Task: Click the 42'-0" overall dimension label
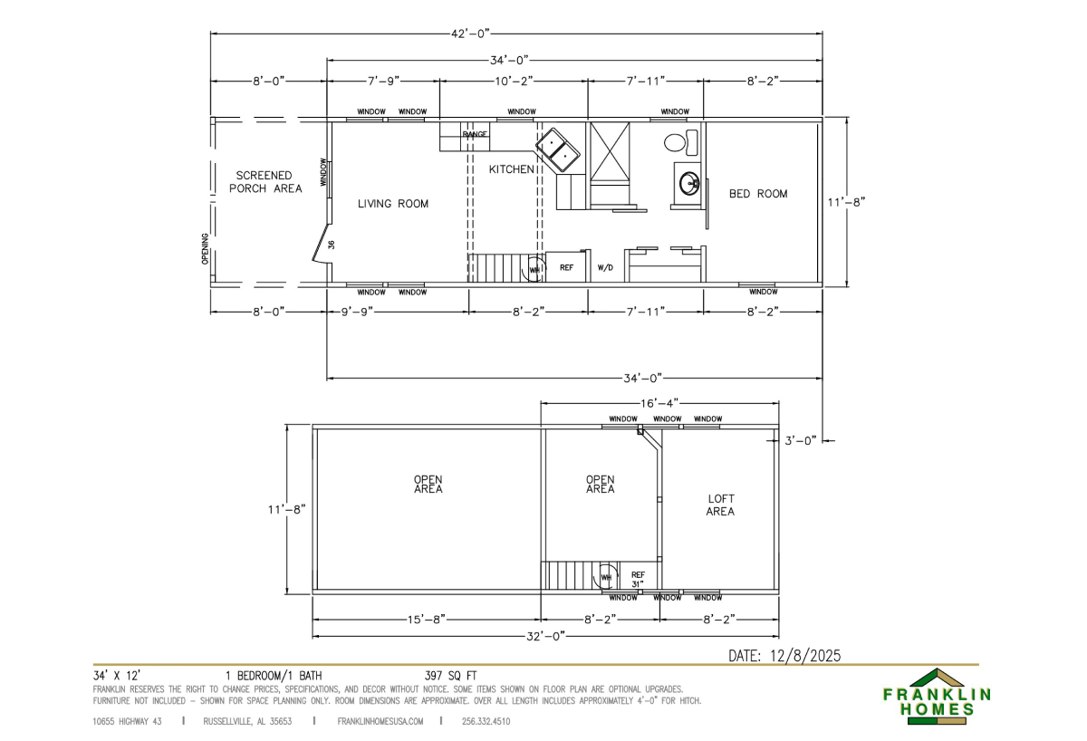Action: [470, 34]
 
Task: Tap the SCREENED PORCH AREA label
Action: [265, 182]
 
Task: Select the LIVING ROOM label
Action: [393, 204]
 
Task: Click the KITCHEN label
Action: [512, 169]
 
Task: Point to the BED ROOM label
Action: [758, 194]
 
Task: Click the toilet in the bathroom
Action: [680, 141]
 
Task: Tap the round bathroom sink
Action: [689, 183]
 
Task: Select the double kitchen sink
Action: [558, 149]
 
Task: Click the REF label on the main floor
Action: [566, 267]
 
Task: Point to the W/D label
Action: [605, 267]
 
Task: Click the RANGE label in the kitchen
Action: [475, 134]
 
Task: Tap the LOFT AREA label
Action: [721, 505]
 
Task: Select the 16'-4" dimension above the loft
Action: [659, 403]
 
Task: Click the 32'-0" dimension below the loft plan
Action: [546, 636]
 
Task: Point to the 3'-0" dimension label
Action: [801, 440]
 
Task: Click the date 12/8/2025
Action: [805, 656]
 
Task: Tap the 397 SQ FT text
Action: [451, 676]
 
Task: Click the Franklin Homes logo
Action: [937, 697]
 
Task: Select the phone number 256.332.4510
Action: [486, 722]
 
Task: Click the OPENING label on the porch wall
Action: [205, 249]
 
